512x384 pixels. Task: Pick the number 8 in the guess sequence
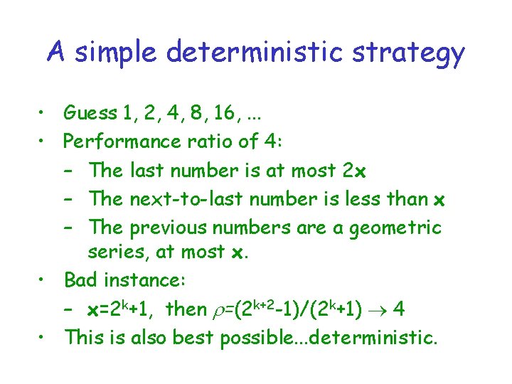(198, 113)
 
